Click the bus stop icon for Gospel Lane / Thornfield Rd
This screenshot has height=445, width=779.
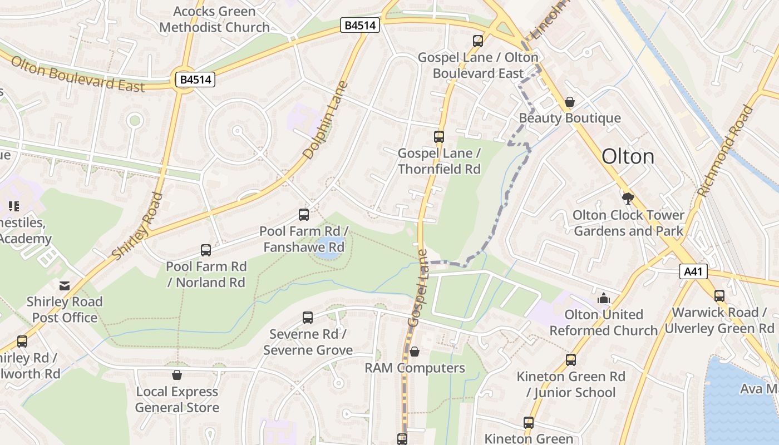[439, 136]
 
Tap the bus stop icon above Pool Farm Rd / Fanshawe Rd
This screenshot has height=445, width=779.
[304, 214]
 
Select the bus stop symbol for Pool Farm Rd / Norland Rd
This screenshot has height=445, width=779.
[206, 250]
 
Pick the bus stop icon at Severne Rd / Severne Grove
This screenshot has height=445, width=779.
[308, 318]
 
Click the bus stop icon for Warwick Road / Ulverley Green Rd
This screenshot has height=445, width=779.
[719, 296]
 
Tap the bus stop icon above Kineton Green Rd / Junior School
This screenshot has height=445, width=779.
[571, 360]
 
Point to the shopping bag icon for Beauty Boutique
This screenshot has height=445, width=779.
[569, 102]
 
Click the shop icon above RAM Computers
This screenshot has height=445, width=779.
[414, 352]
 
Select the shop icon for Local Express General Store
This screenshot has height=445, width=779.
[177, 375]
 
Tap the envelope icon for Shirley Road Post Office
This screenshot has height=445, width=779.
[65, 286]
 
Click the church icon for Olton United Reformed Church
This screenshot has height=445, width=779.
[604, 299]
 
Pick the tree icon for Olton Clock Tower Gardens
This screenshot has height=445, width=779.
[628, 198]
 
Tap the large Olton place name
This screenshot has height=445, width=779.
[628, 156]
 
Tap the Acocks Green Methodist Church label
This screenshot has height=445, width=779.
[214, 19]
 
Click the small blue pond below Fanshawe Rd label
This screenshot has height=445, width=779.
[328, 254]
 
